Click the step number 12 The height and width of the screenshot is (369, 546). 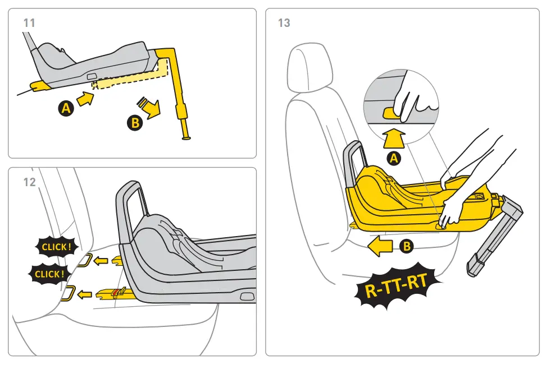tap(29, 182)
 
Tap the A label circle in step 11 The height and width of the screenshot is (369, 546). tap(66, 109)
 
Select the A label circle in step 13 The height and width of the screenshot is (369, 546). tap(395, 159)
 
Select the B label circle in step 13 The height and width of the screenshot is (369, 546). tap(406, 246)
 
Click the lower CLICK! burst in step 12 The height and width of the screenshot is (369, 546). tap(49, 274)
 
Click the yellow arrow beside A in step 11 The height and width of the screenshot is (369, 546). tap(85, 99)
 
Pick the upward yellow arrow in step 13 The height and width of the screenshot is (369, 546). tap(395, 137)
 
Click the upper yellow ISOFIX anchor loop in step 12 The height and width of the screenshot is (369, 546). tap(84, 260)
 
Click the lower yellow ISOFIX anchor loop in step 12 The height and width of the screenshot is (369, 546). tap(69, 293)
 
